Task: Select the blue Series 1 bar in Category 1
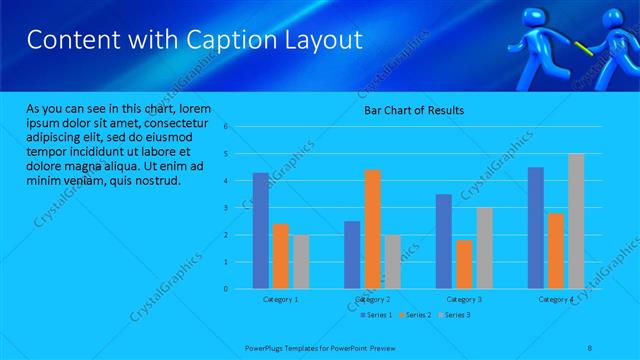pyautogui.click(x=260, y=231)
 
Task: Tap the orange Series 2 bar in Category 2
pyautogui.click(x=372, y=229)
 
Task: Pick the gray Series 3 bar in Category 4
pyautogui.click(x=576, y=221)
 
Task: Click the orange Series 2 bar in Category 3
pyautogui.click(x=463, y=264)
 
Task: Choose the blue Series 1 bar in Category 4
pyautogui.click(x=535, y=228)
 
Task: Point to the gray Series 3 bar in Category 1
pyautogui.click(x=301, y=262)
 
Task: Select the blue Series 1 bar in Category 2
pyautogui.click(x=352, y=255)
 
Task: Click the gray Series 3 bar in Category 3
pyautogui.click(x=484, y=248)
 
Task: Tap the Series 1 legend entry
pyautogui.click(x=375, y=316)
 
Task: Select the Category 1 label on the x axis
pyautogui.click(x=280, y=299)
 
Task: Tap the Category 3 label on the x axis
pyautogui.click(x=463, y=299)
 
